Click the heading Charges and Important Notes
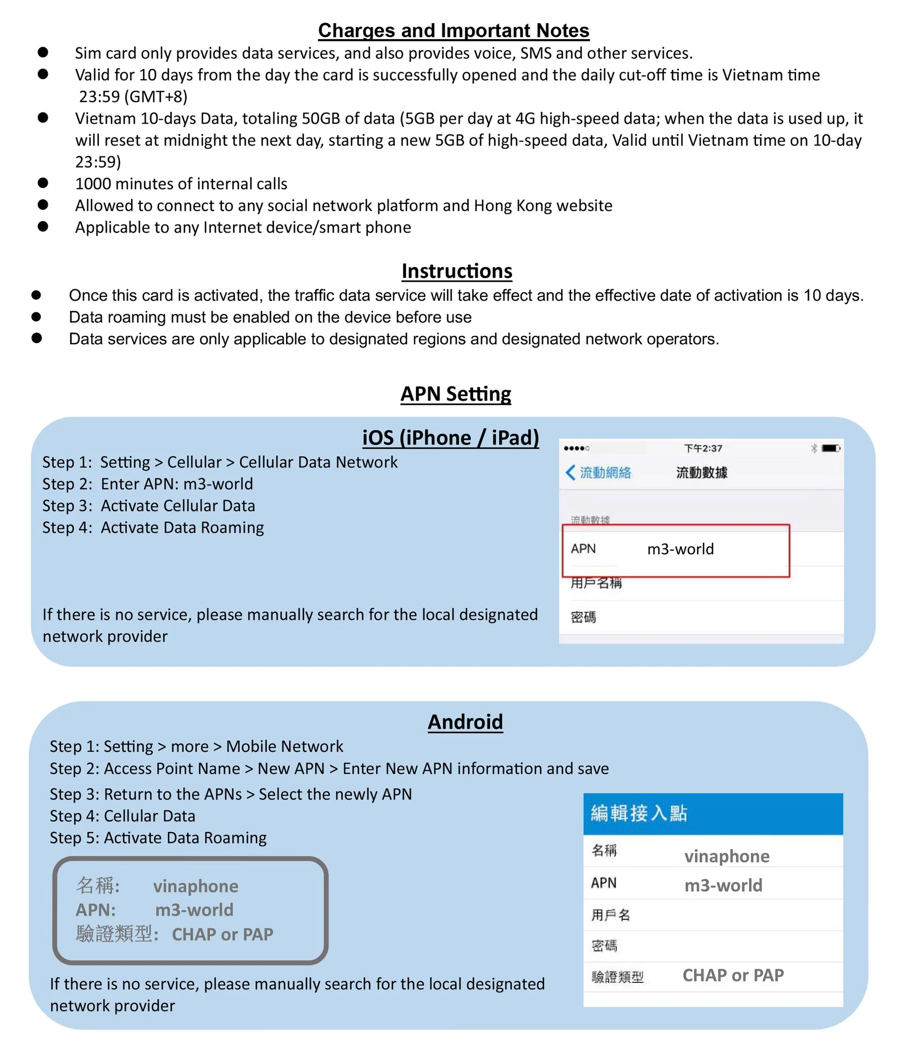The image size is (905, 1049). coord(453,30)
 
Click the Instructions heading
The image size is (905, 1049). coord(456,271)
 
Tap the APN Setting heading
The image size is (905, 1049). coord(455,393)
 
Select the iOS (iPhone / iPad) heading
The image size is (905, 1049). coord(450,437)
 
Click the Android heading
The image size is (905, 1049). coord(465,722)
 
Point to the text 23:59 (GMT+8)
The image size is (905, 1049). coord(133,96)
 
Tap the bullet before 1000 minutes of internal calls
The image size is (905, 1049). coord(43,183)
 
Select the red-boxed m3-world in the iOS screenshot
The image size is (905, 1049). coord(680,549)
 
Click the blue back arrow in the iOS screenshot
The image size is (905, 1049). coord(570,472)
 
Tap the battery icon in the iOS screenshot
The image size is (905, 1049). coord(830,448)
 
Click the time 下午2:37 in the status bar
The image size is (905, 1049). coord(703,448)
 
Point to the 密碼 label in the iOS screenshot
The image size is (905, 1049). coord(583,616)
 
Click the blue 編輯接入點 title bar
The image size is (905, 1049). coord(712,814)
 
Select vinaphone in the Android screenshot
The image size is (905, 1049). coord(726,856)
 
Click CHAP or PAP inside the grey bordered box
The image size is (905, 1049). coord(222,934)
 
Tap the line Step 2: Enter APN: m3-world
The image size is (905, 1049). coord(148,484)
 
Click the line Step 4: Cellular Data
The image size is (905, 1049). coord(123,816)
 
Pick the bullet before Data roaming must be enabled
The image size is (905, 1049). coord(36,317)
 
